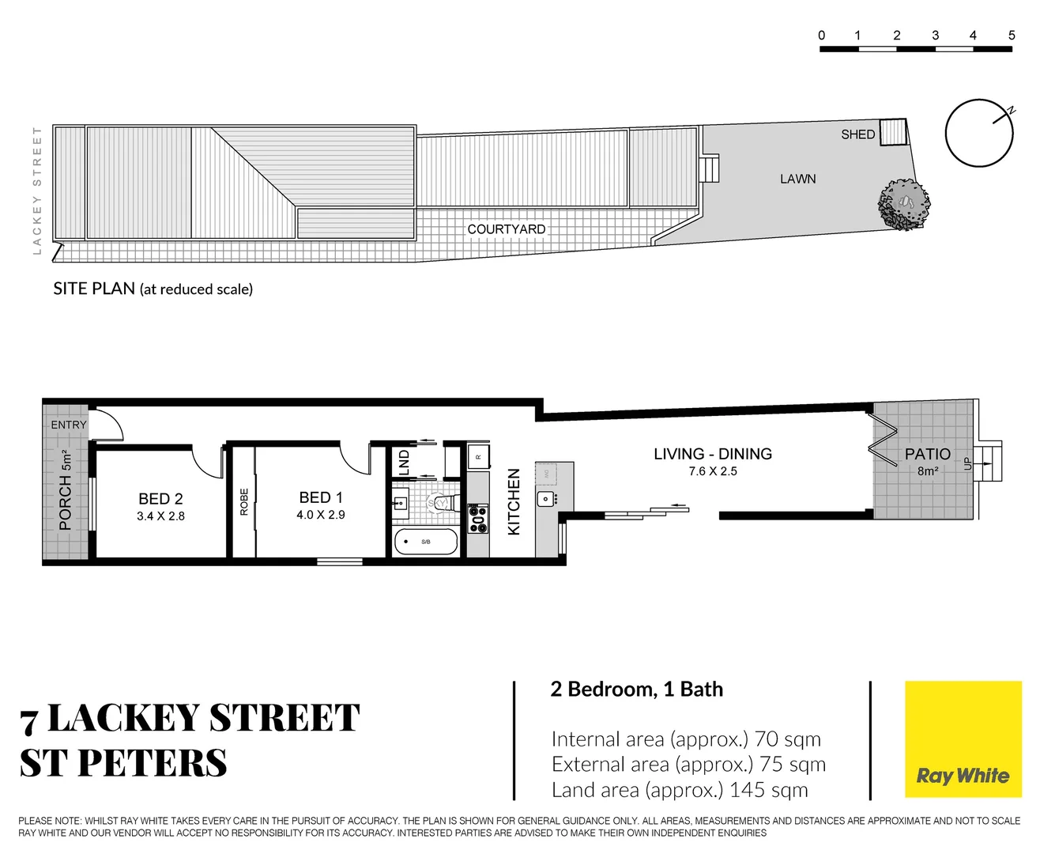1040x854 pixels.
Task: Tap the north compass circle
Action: click(979, 133)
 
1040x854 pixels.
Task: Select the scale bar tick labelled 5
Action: click(1012, 36)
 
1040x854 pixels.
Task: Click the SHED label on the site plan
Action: click(857, 134)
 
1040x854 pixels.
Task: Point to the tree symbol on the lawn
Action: click(904, 204)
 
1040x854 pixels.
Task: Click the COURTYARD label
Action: click(506, 229)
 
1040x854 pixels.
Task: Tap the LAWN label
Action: click(797, 179)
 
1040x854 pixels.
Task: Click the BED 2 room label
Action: click(160, 499)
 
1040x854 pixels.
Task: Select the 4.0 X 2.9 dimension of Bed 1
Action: click(320, 515)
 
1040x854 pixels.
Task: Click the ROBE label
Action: click(244, 502)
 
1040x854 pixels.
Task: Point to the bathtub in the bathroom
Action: click(426, 542)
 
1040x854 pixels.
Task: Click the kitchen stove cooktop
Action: click(478, 518)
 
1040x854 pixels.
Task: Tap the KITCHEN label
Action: click(514, 502)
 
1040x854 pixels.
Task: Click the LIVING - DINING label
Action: click(712, 454)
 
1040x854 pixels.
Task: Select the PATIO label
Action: click(927, 454)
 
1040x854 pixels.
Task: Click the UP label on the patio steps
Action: click(967, 464)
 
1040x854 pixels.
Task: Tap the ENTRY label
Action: click(69, 425)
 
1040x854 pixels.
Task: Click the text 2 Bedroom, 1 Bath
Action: click(636, 690)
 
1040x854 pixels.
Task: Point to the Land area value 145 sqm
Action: click(768, 790)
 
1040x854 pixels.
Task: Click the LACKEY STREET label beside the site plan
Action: click(37, 190)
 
